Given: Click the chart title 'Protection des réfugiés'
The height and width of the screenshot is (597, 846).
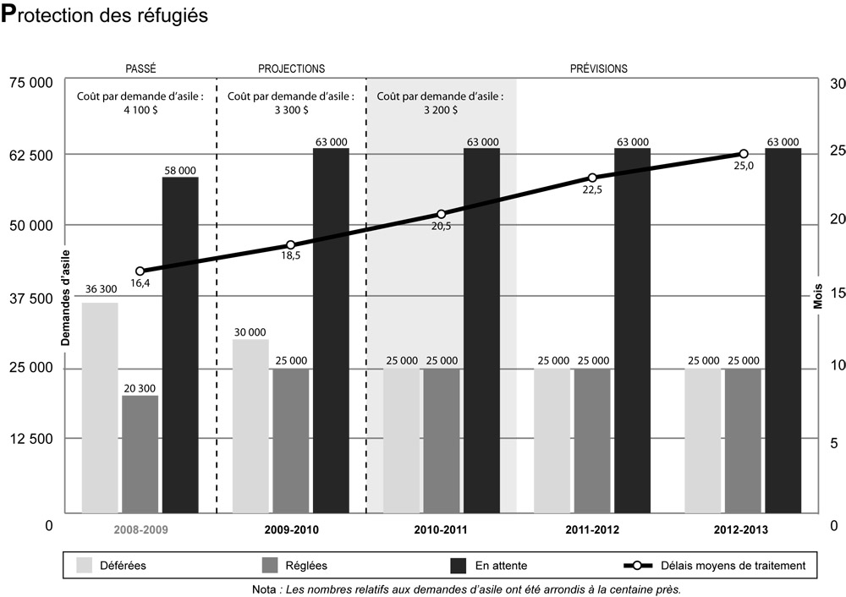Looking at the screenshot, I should click(x=106, y=17).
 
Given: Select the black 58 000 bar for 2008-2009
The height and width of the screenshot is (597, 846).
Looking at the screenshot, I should click(x=180, y=344).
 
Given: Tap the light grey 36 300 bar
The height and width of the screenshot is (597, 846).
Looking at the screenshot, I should click(x=100, y=407).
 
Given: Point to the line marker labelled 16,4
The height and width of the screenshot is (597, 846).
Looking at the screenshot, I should click(x=140, y=271).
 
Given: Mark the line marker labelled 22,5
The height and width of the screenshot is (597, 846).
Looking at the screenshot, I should click(x=592, y=178).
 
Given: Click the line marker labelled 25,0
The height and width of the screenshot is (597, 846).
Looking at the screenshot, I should click(x=743, y=154).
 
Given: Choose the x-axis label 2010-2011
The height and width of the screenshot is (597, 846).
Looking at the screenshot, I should click(x=441, y=530).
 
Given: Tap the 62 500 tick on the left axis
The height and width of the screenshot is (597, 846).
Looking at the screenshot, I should click(x=30, y=156).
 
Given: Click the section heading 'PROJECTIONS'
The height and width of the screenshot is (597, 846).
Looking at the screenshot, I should click(x=291, y=68).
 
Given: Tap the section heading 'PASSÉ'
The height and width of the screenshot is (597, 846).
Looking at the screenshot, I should click(x=140, y=68).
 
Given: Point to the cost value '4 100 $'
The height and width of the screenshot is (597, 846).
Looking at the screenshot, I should click(x=140, y=110).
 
